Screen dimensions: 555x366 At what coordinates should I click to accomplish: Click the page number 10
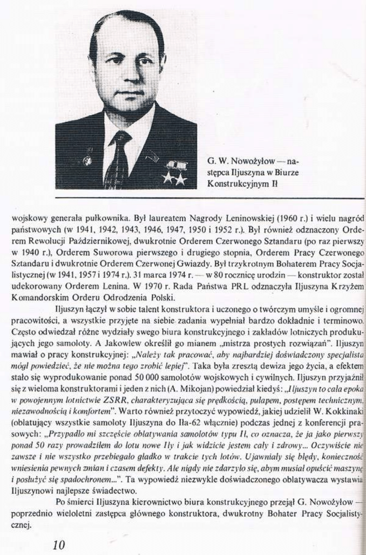tap(59, 545)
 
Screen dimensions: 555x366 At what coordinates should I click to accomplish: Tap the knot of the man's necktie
tap(121, 139)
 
